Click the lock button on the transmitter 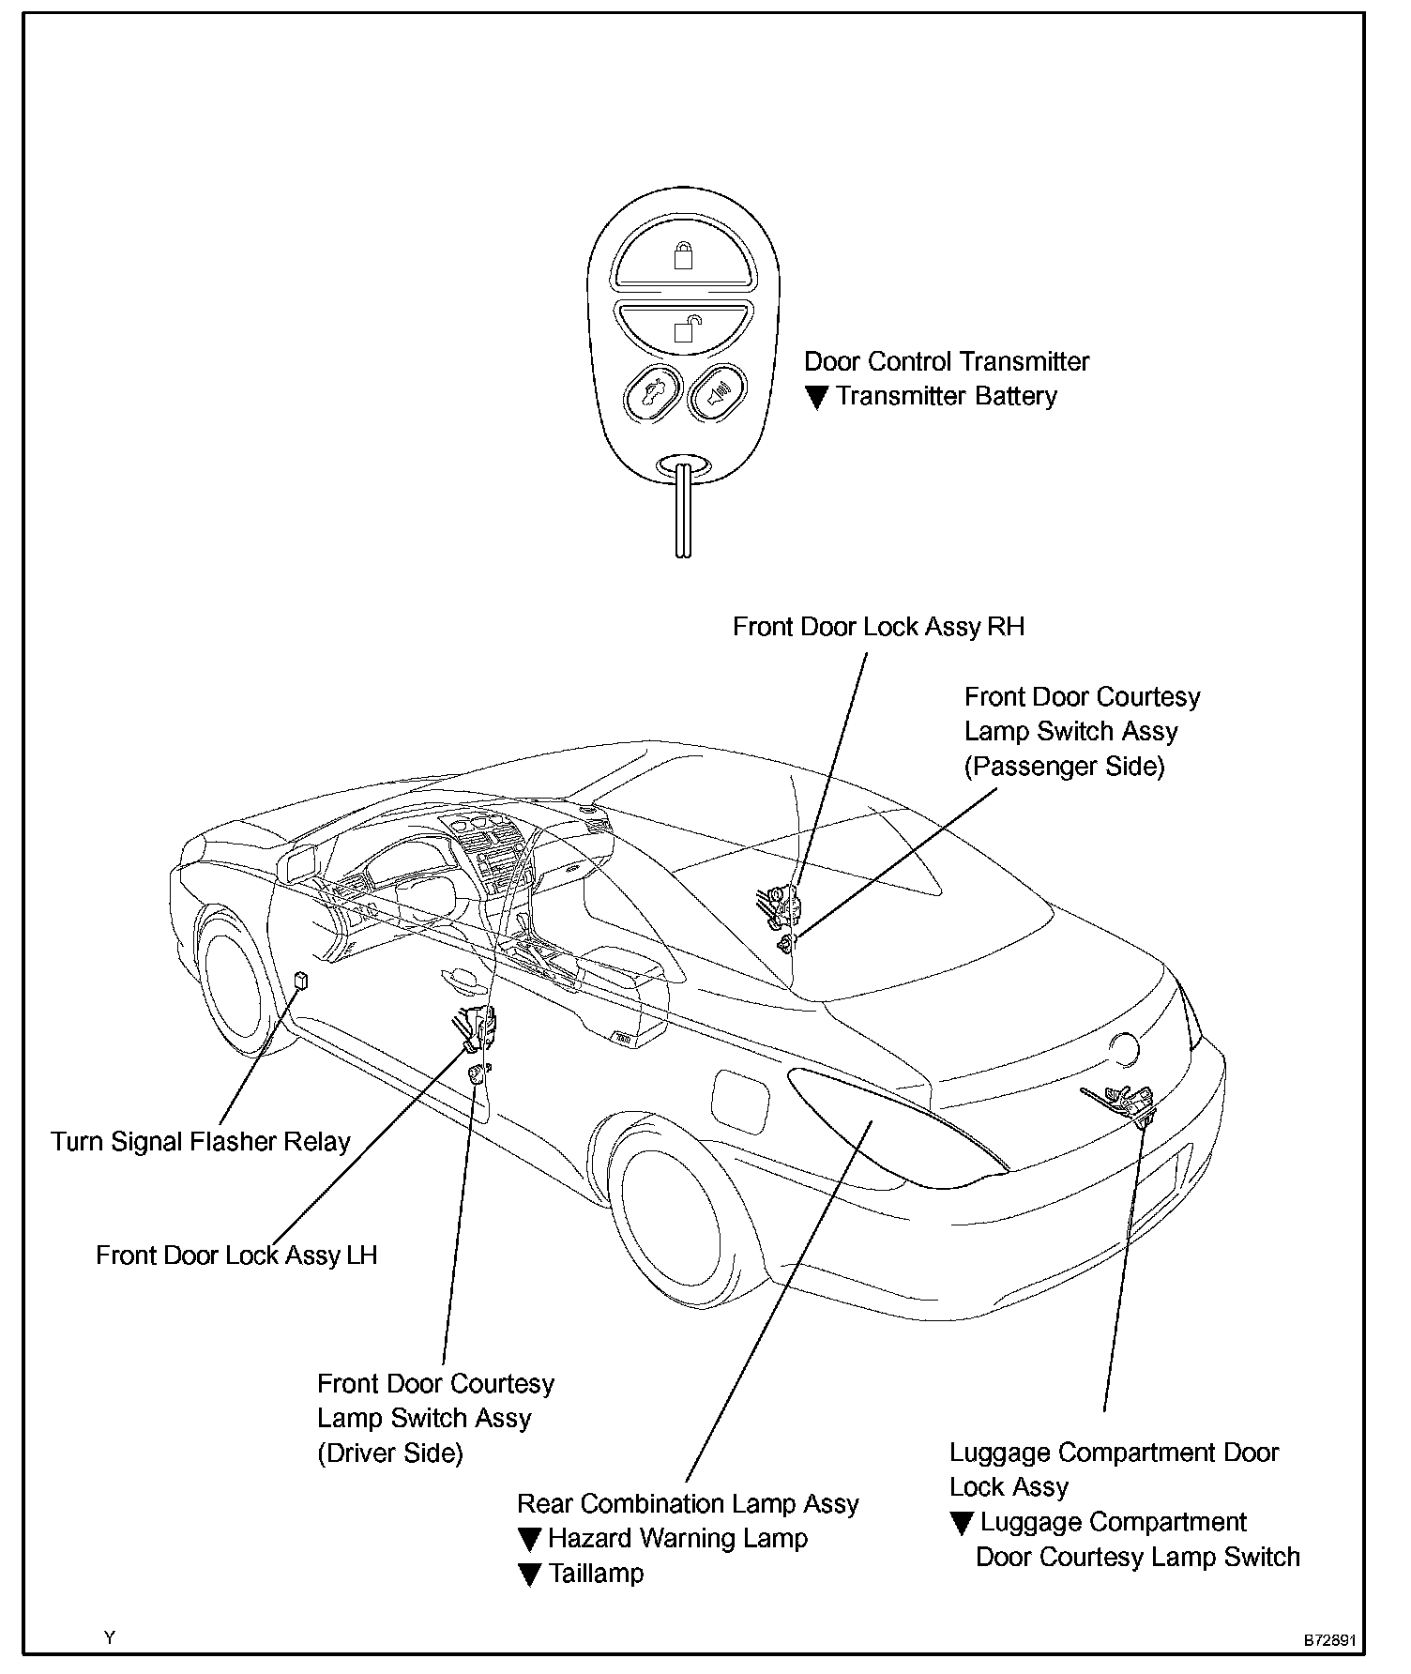pos(683,254)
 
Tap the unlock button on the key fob pos(683,327)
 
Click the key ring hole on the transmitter pos(682,465)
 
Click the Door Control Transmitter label pos(947,361)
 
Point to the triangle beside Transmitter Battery pos(816,398)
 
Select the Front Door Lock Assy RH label pos(878,627)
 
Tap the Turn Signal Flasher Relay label pos(200,1141)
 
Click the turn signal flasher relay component pos(301,981)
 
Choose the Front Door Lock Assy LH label pos(236,1255)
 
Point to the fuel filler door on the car pos(740,1099)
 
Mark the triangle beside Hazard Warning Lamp pos(529,1540)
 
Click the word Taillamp pos(596,1574)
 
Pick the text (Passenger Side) pos(1064,767)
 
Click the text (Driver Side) pos(390,1453)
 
